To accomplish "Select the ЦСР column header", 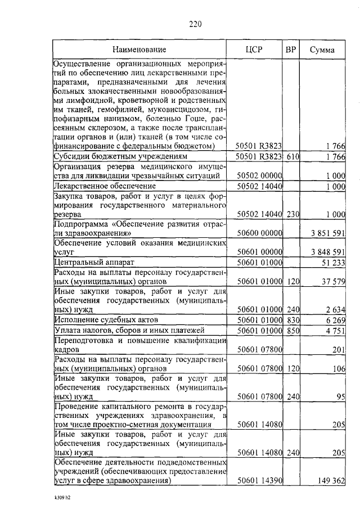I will (255, 50).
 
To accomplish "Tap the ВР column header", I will (291, 50).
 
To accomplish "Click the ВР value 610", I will (291, 156).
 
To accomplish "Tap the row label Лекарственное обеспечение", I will (96, 186).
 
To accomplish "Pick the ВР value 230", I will (291, 214).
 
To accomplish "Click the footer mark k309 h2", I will (62, 498).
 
